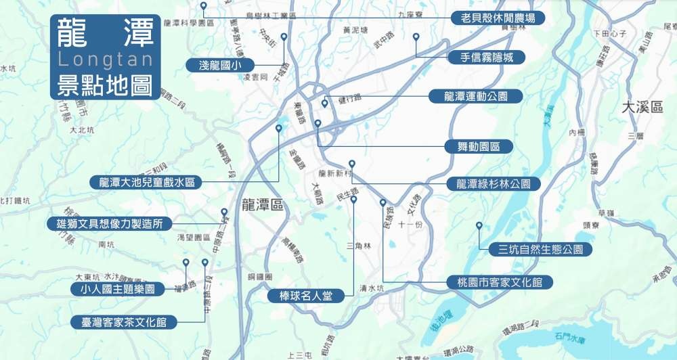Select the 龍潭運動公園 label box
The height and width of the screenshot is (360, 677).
pyautogui.click(x=476, y=96)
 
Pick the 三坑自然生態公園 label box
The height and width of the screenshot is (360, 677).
pyautogui.click(x=540, y=250)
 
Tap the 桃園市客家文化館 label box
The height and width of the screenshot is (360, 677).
pyautogui.click(x=500, y=282)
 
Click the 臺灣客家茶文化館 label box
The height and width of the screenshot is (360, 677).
pyautogui.click(x=124, y=321)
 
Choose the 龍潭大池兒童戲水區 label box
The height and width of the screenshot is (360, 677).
pyautogui.click(x=147, y=182)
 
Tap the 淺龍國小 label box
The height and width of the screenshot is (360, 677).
pyautogui.click(x=219, y=64)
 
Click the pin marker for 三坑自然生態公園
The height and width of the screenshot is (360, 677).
pyautogui.click(x=479, y=225)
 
